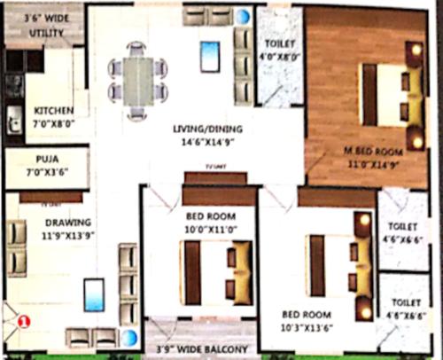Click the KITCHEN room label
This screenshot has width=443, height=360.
(48, 111)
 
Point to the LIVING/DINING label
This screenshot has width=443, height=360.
(207, 129)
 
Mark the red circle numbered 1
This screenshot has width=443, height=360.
(25, 323)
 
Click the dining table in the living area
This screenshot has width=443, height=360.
(136, 80)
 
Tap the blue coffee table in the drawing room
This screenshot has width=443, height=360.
(93, 294)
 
